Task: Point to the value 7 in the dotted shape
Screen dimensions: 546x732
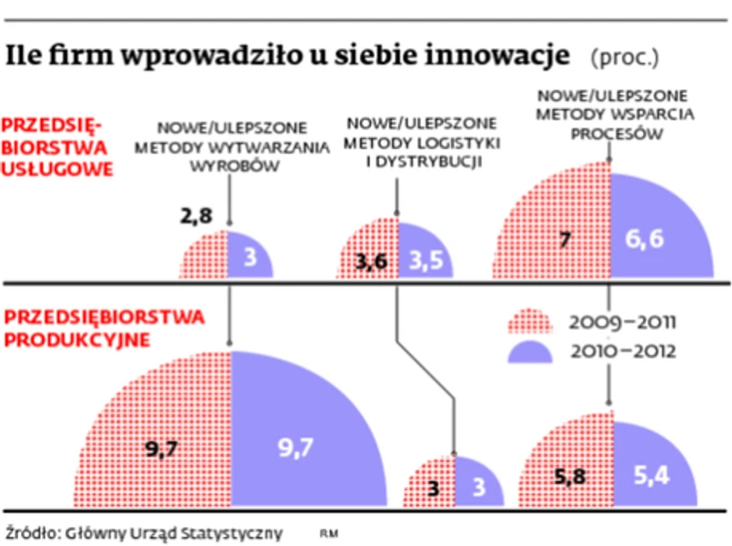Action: pos(564,241)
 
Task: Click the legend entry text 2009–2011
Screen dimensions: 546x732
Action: pos(622,323)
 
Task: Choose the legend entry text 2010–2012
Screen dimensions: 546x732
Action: pos(622,351)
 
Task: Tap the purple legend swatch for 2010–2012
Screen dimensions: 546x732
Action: pos(529,351)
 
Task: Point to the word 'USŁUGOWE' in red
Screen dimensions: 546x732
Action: pos(57,168)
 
